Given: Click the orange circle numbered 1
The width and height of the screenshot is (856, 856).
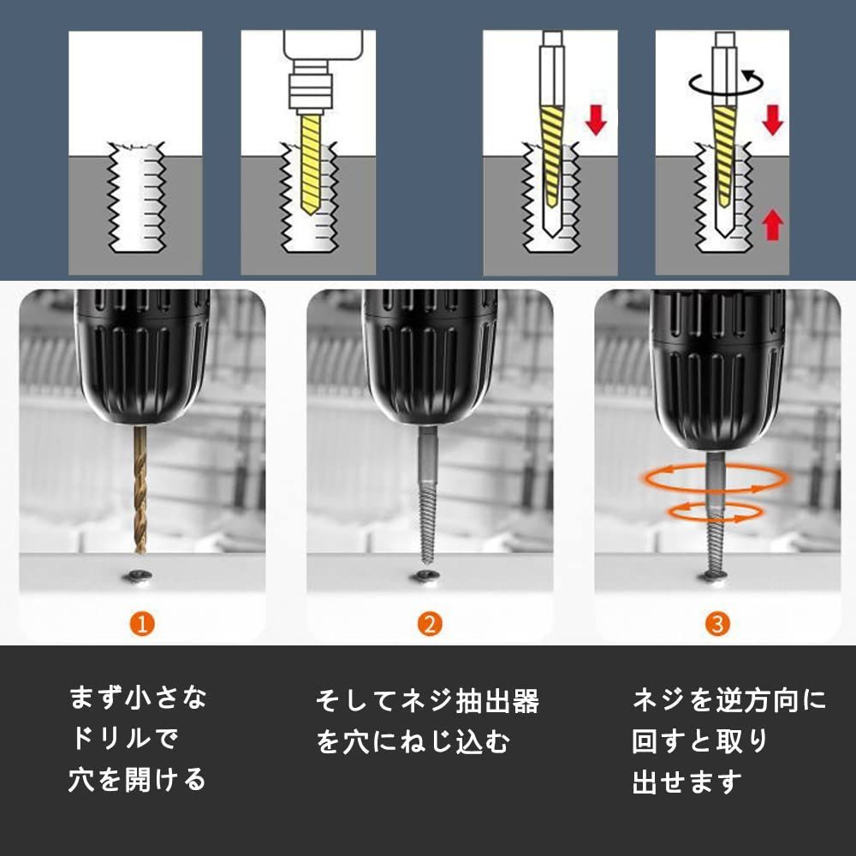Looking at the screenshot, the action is coord(142,624).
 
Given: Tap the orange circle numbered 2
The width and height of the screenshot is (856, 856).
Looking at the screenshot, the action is coord(430,624).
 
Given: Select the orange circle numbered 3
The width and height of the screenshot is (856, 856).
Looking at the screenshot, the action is coord(717,624).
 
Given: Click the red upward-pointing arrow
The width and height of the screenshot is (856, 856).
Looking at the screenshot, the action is coord(772,224).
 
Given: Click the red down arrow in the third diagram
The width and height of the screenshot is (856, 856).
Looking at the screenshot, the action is coord(596,120).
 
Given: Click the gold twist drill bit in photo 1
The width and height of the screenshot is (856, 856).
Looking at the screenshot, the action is coord(140,489).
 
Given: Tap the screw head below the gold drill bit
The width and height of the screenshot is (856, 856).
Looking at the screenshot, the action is coord(138,576).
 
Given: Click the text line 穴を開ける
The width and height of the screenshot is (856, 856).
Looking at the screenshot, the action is coord(137,779).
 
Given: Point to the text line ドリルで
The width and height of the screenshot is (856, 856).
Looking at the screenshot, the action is coord(124,738).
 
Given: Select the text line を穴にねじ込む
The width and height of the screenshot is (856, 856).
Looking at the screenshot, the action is coord(413,741).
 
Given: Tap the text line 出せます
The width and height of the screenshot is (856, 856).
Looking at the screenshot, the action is coord(687,782).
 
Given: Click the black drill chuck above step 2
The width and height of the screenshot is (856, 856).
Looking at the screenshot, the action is coord(430,356).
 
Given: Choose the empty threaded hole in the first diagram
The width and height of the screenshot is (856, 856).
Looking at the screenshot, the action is coord(137,197).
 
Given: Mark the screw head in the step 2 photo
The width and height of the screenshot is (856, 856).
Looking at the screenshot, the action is coord(425,576).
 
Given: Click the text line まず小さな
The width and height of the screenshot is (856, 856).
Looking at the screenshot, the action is coord(138,698).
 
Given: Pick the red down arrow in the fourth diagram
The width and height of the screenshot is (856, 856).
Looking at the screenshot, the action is coord(772,120).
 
